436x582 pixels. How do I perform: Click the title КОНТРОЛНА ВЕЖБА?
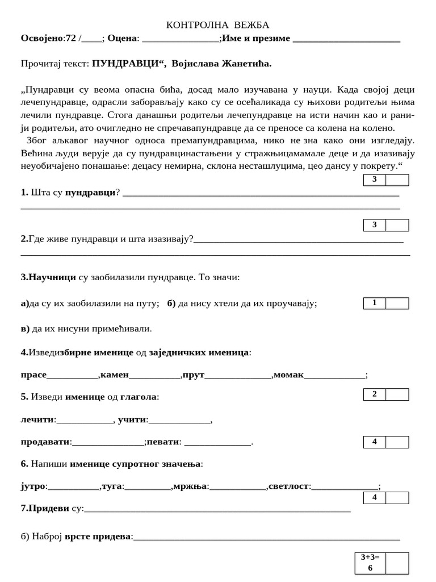(x=217, y=25)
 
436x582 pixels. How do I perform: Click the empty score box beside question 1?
(x=397, y=180)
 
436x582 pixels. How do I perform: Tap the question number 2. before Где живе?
(x=24, y=239)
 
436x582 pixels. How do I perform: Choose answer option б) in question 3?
(x=171, y=303)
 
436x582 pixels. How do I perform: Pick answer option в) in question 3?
(x=25, y=329)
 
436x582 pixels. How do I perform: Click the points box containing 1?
(x=375, y=303)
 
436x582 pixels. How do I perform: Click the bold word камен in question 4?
(x=115, y=375)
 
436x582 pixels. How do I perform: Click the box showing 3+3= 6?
(x=370, y=562)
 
